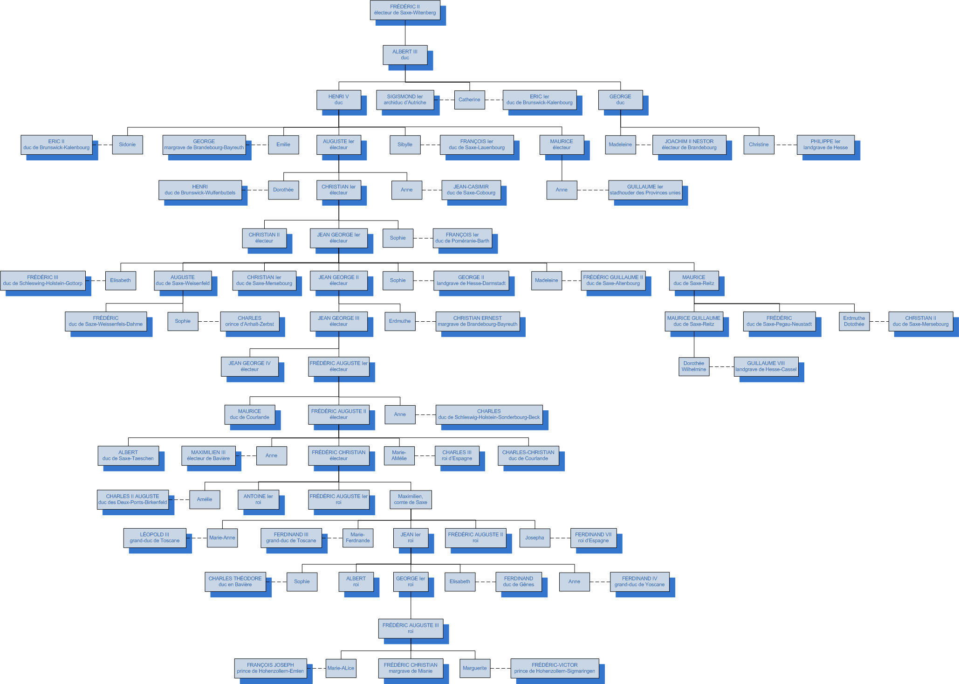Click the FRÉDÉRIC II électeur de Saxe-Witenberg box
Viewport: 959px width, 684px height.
click(x=405, y=10)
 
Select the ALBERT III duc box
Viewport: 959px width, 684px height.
click(x=405, y=55)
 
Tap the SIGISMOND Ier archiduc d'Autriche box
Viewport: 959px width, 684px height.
click(x=405, y=100)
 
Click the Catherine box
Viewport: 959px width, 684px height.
click(x=469, y=100)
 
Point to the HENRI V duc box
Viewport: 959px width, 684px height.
click(x=339, y=100)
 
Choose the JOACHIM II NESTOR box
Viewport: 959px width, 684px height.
click(x=689, y=145)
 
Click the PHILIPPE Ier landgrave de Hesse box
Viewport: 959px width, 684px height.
click(x=825, y=145)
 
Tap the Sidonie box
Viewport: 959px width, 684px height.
click(x=127, y=145)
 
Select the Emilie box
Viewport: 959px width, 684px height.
click(x=283, y=145)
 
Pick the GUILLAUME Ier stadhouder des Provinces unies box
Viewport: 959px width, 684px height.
click(x=645, y=190)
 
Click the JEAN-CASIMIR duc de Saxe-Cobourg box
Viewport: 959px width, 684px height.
click(x=471, y=190)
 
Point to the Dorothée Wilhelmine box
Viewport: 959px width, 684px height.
click(x=694, y=366)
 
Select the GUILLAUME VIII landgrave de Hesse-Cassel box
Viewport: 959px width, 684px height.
click(x=766, y=366)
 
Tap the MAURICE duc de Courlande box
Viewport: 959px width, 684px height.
click(x=249, y=415)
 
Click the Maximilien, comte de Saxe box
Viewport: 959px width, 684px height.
click(x=411, y=499)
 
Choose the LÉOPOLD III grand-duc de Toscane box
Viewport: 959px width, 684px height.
click(x=155, y=538)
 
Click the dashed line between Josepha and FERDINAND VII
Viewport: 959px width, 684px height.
click(x=561, y=538)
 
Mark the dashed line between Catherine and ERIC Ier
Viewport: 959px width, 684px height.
click(x=494, y=100)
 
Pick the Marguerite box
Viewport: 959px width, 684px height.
click(x=475, y=668)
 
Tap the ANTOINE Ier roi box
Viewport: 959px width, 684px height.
click(x=258, y=499)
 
